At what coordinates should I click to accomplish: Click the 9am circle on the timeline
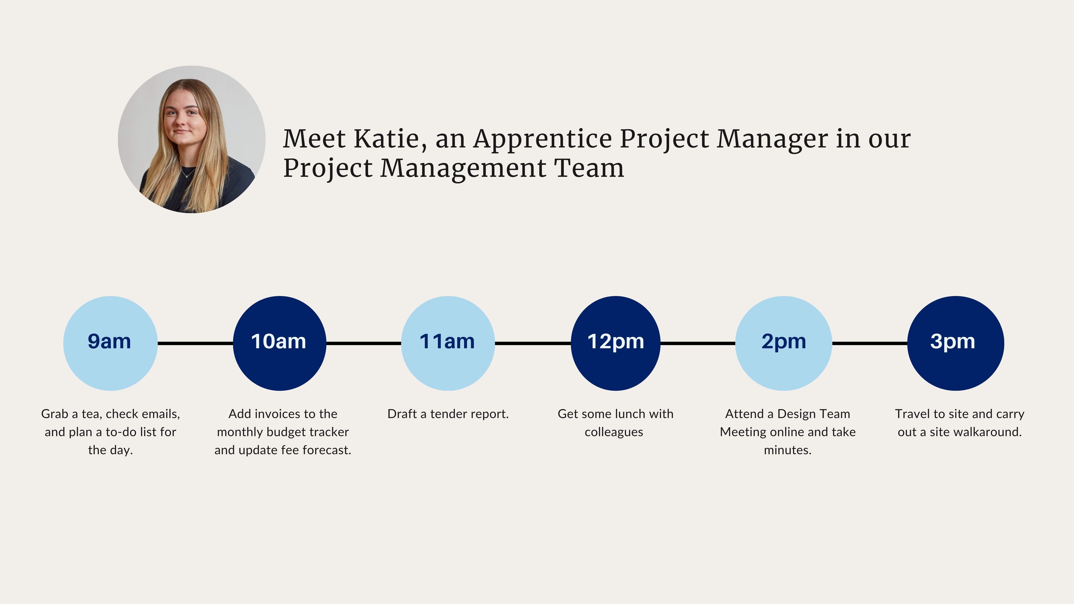(110, 343)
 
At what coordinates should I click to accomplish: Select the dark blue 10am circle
(279, 343)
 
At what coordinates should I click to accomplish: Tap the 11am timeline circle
(448, 343)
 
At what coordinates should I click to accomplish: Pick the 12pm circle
(615, 343)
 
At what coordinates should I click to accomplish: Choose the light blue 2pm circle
(783, 343)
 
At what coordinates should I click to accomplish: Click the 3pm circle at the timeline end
(956, 343)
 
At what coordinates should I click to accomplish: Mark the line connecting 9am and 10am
(195, 343)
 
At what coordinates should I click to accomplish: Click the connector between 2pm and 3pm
(870, 343)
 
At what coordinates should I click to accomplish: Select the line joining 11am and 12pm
(533, 343)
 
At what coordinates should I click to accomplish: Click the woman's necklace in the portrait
(188, 172)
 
